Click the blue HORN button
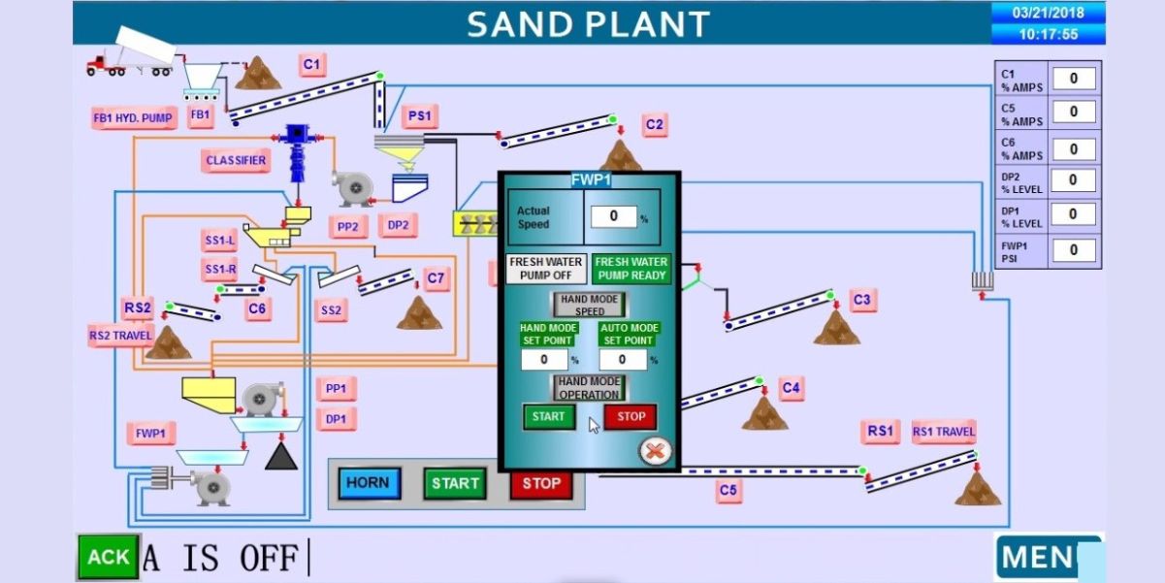[369, 483]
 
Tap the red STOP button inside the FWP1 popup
[631, 417]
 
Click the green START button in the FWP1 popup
[548, 417]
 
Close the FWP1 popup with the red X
[656, 450]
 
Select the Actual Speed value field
[613, 216]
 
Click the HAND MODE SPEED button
[590, 305]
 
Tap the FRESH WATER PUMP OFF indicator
[547, 269]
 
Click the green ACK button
[108, 557]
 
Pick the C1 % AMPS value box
[1074, 79]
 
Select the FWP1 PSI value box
[1074, 250]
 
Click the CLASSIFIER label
[236, 160]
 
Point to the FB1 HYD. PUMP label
[133, 118]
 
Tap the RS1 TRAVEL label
[943, 432]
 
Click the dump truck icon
[131, 53]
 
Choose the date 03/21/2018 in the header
[1047, 14]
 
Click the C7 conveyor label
[437, 279]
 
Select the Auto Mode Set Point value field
[623, 360]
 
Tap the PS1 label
[419, 116]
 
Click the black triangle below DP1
[281, 456]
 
